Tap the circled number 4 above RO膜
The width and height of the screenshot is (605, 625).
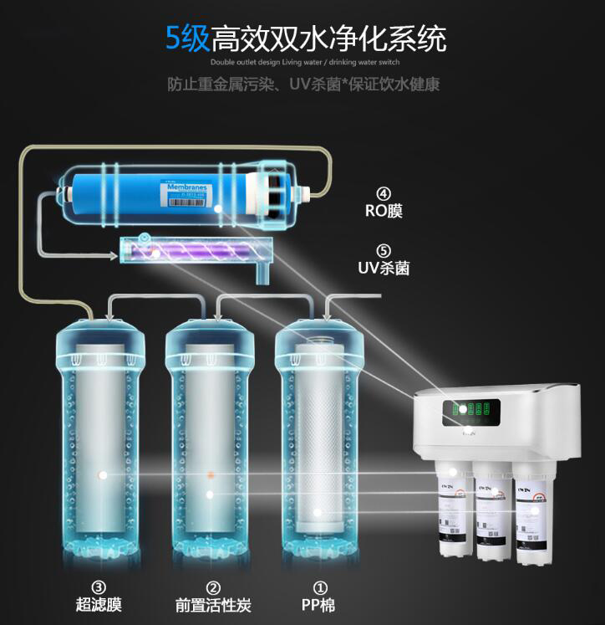click(384, 191)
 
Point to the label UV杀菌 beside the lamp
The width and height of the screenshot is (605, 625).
click(384, 269)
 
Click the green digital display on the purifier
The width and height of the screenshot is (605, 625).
click(469, 409)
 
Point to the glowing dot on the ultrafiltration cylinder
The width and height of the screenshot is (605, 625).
click(102, 474)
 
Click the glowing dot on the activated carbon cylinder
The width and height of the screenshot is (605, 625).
click(210, 494)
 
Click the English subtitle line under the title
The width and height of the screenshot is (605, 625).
click(305, 63)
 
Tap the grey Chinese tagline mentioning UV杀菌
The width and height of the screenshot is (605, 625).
click(303, 85)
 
